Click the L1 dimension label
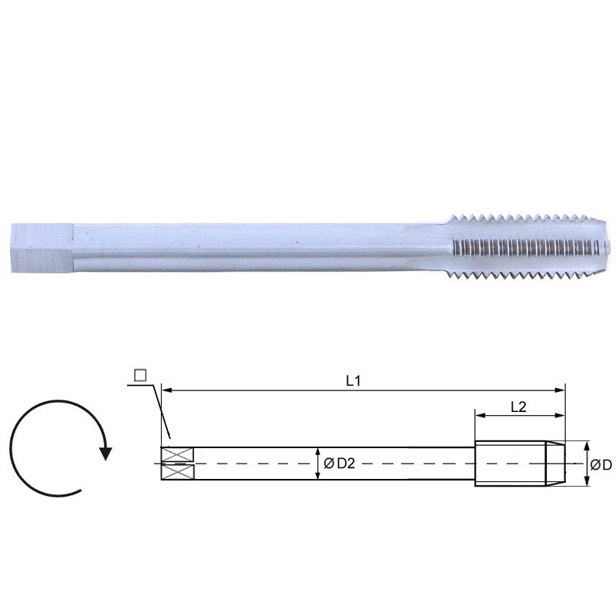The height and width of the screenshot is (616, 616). click(353, 380)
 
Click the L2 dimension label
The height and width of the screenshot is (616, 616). click(518, 407)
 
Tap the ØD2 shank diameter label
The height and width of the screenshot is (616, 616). click(338, 463)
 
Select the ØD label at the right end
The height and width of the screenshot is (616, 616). click(601, 464)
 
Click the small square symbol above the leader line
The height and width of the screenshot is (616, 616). click(139, 375)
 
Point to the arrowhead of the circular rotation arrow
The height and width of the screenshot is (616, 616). click(105, 452)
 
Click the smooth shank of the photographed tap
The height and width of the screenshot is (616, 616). click(254, 246)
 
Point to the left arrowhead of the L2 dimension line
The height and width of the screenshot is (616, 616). click(478, 416)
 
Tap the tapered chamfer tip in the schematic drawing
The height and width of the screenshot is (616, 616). click(555, 464)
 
